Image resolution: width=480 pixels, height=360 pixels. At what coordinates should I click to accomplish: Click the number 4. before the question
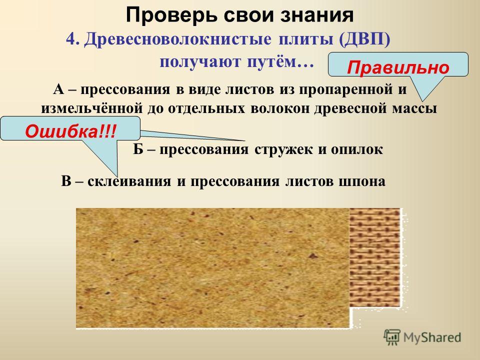point(73,39)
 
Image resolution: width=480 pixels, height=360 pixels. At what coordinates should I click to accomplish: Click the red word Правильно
point(398,67)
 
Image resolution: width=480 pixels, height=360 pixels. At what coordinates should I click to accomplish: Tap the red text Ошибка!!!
point(70,131)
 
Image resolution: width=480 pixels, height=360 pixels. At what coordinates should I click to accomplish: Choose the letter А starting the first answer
point(58,89)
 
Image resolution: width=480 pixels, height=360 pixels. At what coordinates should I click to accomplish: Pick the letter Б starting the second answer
point(137,149)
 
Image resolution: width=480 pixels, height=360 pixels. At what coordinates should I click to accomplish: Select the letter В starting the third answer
point(66,181)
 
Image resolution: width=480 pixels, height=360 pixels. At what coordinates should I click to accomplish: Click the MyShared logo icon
point(392,337)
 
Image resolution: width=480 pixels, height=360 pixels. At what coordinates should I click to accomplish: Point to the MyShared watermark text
point(432,337)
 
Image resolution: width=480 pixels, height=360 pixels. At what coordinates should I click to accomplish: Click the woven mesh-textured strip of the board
point(375,257)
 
